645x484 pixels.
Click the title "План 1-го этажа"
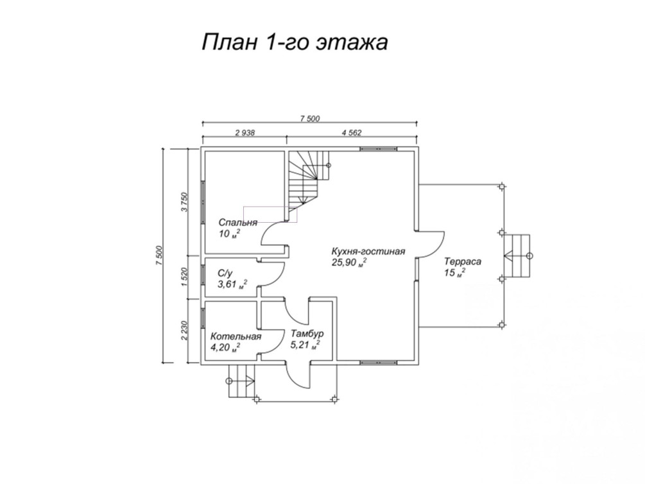295,42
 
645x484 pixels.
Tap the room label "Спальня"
237,223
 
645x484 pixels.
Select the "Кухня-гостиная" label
368,252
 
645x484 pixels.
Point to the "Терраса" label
462,262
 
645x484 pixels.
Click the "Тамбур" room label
307,333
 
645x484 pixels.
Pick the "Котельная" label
236,336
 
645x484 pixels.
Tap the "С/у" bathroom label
225,273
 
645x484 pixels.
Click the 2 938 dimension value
245,132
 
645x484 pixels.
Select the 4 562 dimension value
352,132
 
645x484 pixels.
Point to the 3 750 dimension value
184,202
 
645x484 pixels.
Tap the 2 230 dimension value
184,331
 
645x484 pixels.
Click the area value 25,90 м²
349,263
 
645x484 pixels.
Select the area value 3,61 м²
232,284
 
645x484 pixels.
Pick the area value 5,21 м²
305,345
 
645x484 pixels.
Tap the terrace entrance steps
517,255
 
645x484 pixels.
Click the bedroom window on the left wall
203,202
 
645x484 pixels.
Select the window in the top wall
379,149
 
